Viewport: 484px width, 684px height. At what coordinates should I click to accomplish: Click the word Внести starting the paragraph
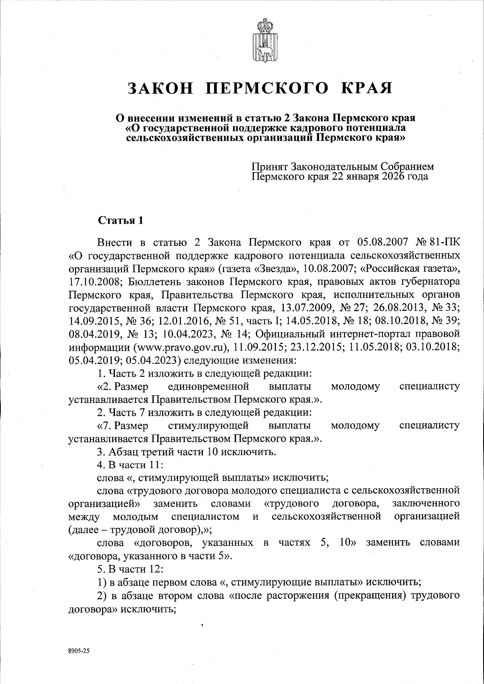click(x=115, y=243)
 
